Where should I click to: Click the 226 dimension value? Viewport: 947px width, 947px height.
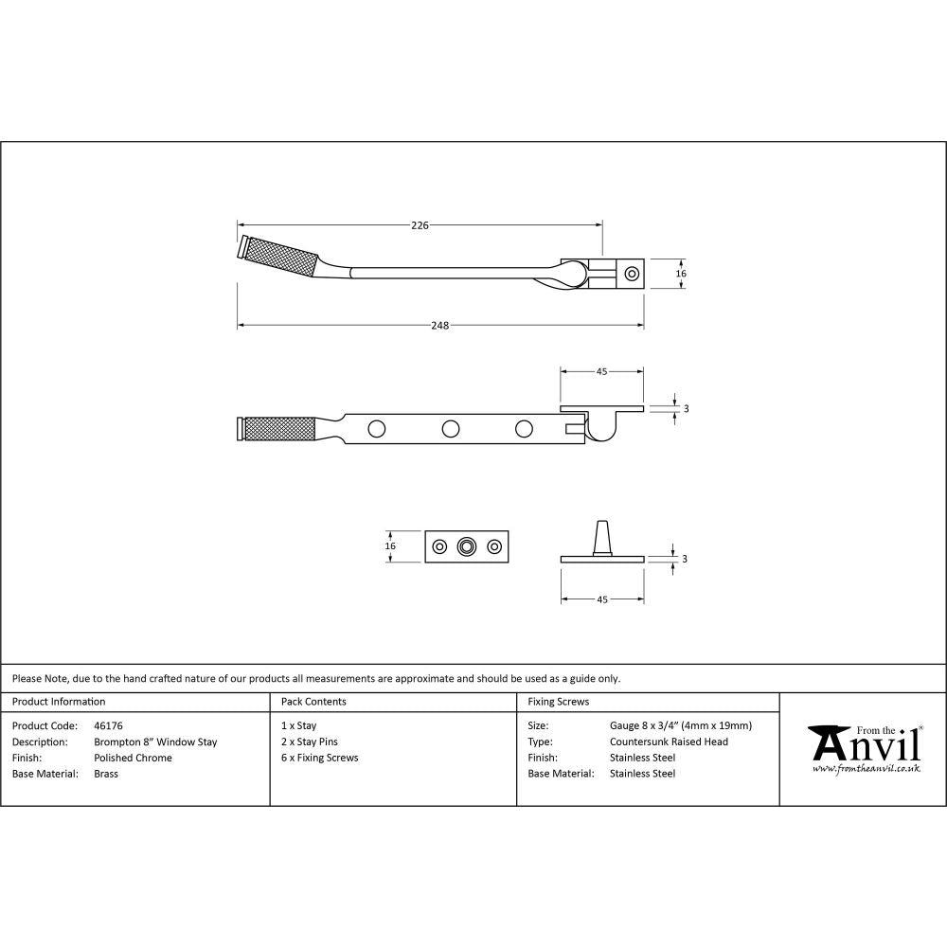coord(420,225)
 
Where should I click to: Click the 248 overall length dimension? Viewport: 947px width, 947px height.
coord(439,326)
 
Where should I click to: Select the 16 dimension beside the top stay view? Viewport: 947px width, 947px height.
coord(680,273)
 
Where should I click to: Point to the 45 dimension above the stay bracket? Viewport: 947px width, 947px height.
coord(601,372)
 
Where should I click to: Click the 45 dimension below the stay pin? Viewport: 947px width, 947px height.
coord(601,599)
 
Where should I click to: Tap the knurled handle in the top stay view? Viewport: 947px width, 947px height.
coord(280,256)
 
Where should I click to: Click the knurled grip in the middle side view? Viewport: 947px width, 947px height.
coord(280,429)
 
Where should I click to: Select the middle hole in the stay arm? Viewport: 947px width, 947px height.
coord(451,429)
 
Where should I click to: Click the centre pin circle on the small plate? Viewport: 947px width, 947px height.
coord(466,546)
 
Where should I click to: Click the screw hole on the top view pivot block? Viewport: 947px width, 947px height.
coord(632,274)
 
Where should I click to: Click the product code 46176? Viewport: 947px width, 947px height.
coord(109,726)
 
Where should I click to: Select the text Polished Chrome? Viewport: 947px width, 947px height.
coord(133,758)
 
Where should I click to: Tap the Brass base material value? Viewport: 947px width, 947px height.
coord(106,774)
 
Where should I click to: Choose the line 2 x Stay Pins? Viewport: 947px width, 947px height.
coord(310,742)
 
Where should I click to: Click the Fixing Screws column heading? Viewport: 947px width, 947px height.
coord(558,702)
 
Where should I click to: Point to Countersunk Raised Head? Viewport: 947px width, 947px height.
coord(669,742)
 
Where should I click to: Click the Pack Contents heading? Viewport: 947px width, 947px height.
coord(313,702)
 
